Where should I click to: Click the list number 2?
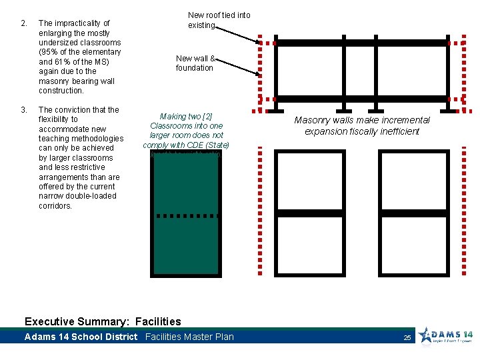(x=23, y=23)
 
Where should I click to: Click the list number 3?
(x=23, y=110)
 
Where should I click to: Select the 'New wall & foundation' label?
(x=195, y=63)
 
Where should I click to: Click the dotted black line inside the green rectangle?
(x=185, y=216)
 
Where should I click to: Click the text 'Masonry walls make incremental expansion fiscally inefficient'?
(x=362, y=125)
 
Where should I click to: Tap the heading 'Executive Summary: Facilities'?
(x=102, y=321)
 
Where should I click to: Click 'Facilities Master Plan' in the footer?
(x=189, y=337)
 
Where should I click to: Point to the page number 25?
(x=407, y=338)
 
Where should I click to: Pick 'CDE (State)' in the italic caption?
(x=207, y=145)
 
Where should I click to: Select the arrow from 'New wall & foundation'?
(x=237, y=69)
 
